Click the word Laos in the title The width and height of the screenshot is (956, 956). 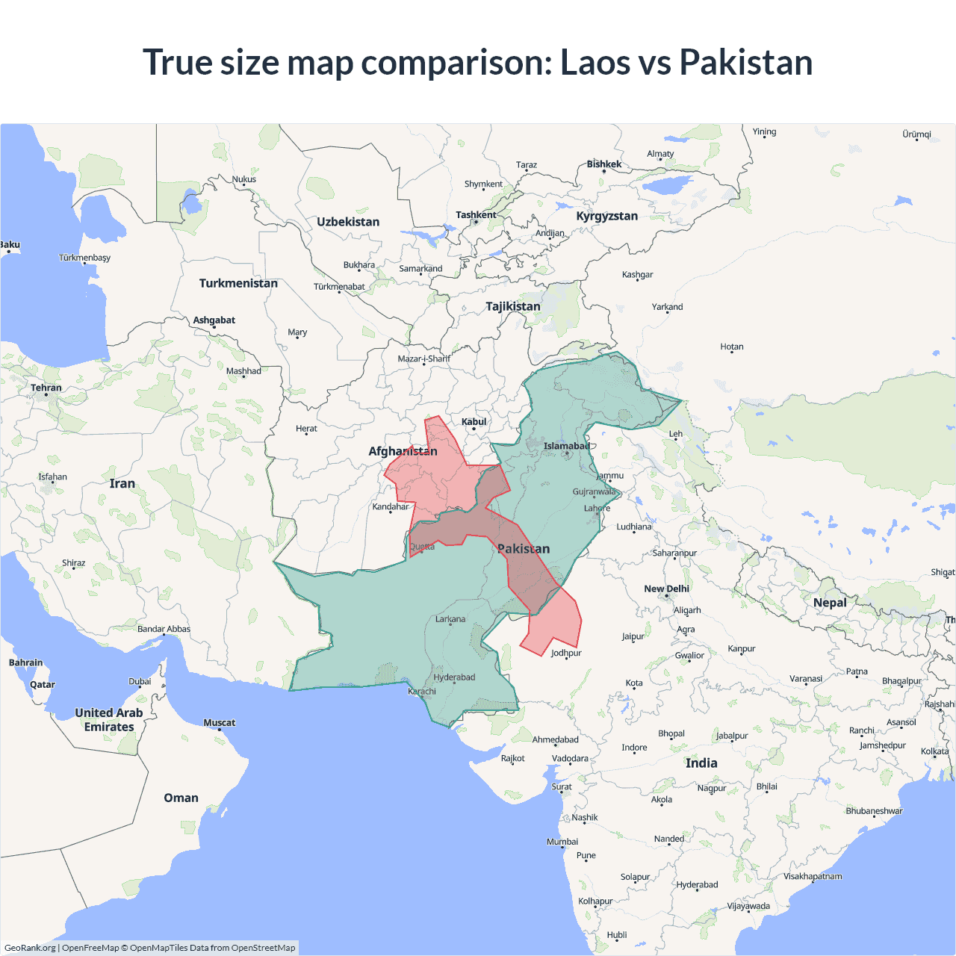click(x=595, y=62)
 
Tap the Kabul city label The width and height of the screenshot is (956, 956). click(x=474, y=422)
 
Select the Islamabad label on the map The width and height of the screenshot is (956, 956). click(x=566, y=446)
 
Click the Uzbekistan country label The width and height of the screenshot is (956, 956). click(x=348, y=222)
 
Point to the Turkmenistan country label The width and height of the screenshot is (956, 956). click(x=238, y=283)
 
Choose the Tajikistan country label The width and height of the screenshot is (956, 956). click(x=513, y=306)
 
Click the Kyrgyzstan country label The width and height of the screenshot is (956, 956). click(x=606, y=216)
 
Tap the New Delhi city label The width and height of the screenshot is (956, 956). click(x=666, y=589)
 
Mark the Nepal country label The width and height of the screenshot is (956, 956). click(x=830, y=603)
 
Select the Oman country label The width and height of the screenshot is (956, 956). click(x=181, y=798)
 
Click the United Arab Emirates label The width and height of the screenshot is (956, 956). click(x=109, y=720)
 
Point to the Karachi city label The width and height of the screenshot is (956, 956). click(x=422, y=691)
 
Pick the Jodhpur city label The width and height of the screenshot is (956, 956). click(x=566, y=653)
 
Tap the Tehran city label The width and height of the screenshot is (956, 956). click(x=46, y=388)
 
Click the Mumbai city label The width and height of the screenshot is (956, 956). click(x=562, y=842)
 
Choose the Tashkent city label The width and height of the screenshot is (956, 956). click(x=476, y=215)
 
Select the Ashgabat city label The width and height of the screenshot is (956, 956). click(x=214, y=320)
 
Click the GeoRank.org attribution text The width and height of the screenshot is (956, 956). click(x=30, y=948)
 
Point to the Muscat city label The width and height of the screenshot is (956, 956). click(x=220, y=722)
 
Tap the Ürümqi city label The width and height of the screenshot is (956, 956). click(x=916, y=134)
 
